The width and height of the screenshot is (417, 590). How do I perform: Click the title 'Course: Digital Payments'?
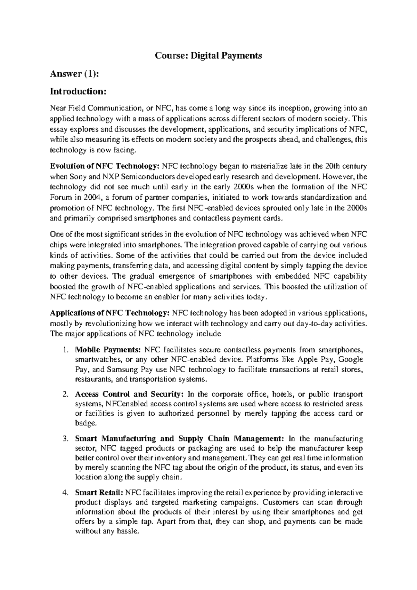208,55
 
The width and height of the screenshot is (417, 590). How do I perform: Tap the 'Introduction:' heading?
77,91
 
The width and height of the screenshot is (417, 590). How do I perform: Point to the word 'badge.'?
84,423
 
